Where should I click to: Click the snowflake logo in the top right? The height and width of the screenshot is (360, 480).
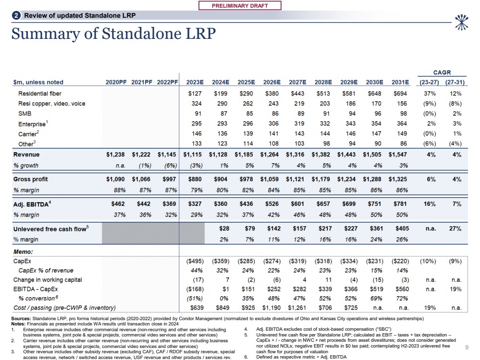click(462, 19)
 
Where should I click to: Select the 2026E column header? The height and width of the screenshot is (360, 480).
click(272, 82)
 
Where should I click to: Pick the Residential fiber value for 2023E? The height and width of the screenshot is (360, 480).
click(196, 94)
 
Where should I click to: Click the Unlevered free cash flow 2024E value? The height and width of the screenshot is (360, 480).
click(223, 229)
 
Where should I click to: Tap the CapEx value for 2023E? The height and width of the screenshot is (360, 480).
click(195, 262)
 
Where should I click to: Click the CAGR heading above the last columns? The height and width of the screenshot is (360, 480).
click(442, 72)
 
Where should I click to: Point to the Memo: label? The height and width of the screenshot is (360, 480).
click(23, 252)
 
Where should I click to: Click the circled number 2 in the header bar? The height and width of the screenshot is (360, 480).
click(16, 15)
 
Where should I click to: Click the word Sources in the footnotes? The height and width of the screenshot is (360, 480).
click(20, 318)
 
